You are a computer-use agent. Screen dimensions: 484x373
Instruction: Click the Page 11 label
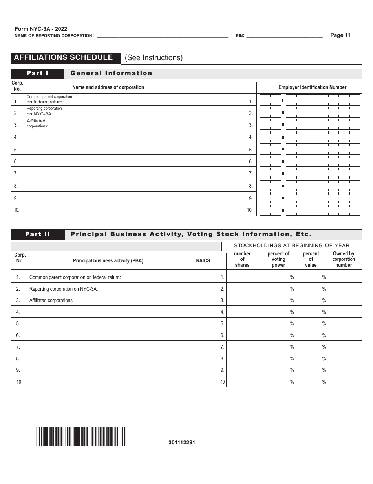point(340,35)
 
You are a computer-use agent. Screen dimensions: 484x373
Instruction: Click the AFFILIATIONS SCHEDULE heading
point(63,57)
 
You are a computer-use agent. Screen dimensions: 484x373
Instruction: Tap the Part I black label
point(37,73)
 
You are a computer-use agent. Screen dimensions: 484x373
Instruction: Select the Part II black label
point(37,234)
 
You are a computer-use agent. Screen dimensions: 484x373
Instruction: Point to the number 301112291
point(182,442)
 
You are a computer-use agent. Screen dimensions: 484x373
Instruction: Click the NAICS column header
point(203,260)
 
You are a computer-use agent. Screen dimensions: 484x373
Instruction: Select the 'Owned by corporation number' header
point(344,260)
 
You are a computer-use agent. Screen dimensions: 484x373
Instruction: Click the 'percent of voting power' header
point(278,260)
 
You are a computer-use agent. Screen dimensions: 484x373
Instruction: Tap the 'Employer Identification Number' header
point(312,87)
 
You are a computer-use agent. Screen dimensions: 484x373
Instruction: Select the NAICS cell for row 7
point(203,347)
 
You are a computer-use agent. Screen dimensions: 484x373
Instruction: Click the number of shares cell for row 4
point(243,312)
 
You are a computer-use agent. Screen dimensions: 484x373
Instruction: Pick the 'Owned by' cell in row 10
point(344,381)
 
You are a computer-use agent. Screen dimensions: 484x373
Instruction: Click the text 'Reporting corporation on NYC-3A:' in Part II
point(64,289)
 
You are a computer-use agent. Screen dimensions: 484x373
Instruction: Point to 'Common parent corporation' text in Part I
point(49,97)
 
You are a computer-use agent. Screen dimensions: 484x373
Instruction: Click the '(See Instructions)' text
point(154,58)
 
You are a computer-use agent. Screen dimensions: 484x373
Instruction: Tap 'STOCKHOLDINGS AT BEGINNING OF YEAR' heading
point(291,246)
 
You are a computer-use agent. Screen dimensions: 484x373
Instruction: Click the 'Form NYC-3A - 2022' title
point(41,29)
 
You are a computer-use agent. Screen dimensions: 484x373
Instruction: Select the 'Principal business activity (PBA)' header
point(108,260)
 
